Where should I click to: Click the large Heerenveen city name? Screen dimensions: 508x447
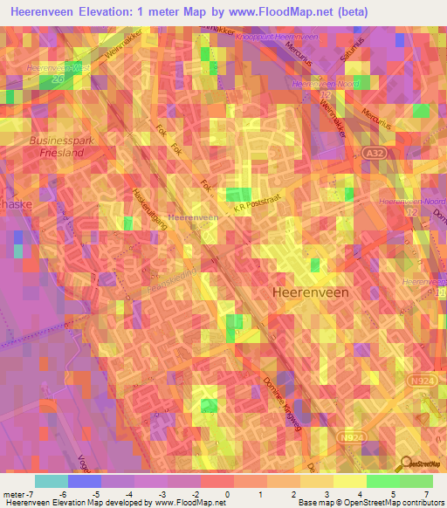[312, 292]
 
